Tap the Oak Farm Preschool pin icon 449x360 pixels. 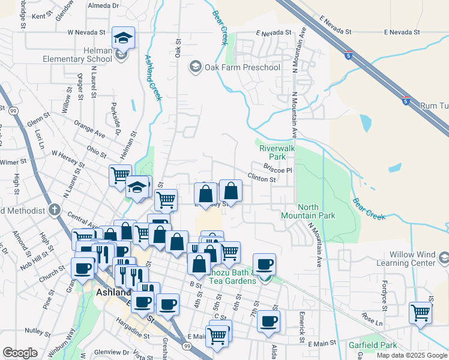coord(195,67)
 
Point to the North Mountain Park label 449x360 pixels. coord(308,211)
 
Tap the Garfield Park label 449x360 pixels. coord(373,346)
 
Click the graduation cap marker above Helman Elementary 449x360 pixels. coord(123,38)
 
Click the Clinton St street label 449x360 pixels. coord(262,179)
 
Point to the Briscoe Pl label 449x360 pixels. coord(277,170)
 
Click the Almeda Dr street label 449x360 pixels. coord(104,5)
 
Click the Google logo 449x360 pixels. coord(20,353)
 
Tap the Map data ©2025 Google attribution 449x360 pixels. coord(411,355)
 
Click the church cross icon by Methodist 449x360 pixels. coord(55,210)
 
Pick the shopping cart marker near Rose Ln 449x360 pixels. coord(421,313)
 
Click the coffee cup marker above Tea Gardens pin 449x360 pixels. coord(264,263)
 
